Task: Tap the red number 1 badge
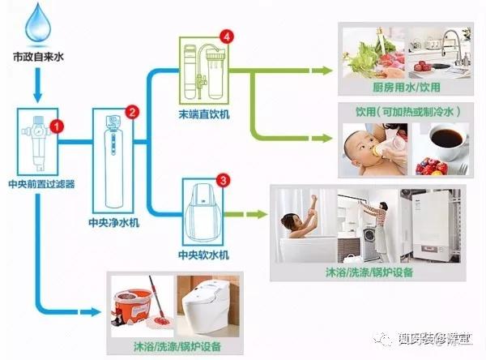tap(56, 126)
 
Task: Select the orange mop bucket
tap(134, 311)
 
